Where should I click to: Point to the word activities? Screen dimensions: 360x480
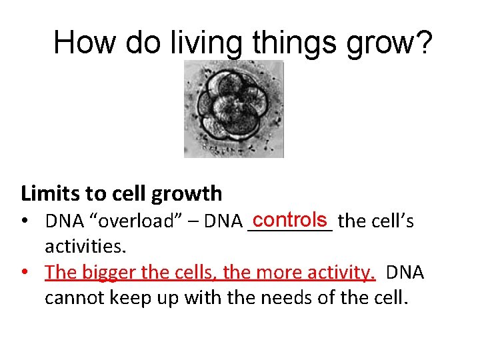pos(85,247)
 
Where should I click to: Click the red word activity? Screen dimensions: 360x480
pos(341,273)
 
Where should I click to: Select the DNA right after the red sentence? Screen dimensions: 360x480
pos(405,273)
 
